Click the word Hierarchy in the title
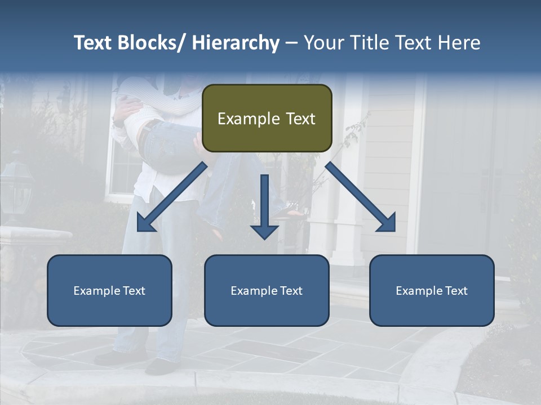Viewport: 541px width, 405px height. click(x=236, y=43)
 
